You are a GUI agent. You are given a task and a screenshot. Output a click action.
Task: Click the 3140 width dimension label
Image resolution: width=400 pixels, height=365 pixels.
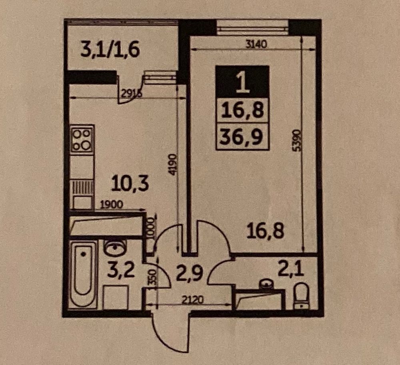tap(256, 45)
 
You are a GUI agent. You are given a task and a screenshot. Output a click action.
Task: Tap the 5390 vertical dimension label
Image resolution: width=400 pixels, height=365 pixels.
tap(296, 140)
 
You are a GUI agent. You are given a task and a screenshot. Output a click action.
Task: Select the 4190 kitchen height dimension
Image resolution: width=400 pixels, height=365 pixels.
tap(173, 164)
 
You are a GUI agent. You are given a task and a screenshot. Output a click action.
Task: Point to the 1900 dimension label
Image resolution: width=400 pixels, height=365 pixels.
tap(112, 204)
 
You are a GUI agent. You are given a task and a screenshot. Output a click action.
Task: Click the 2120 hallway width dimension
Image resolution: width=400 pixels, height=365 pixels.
tap(193, 300)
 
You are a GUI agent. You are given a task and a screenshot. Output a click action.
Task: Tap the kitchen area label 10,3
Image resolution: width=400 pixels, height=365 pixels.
tap(130, 184)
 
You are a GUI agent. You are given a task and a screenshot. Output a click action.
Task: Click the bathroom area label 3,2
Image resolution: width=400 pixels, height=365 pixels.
tap(121, 270)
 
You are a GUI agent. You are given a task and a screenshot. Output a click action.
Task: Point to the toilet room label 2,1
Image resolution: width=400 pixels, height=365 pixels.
tap(291, 270)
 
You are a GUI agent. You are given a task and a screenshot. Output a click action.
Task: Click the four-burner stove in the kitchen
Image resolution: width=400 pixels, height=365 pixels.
tap(82, 139)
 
